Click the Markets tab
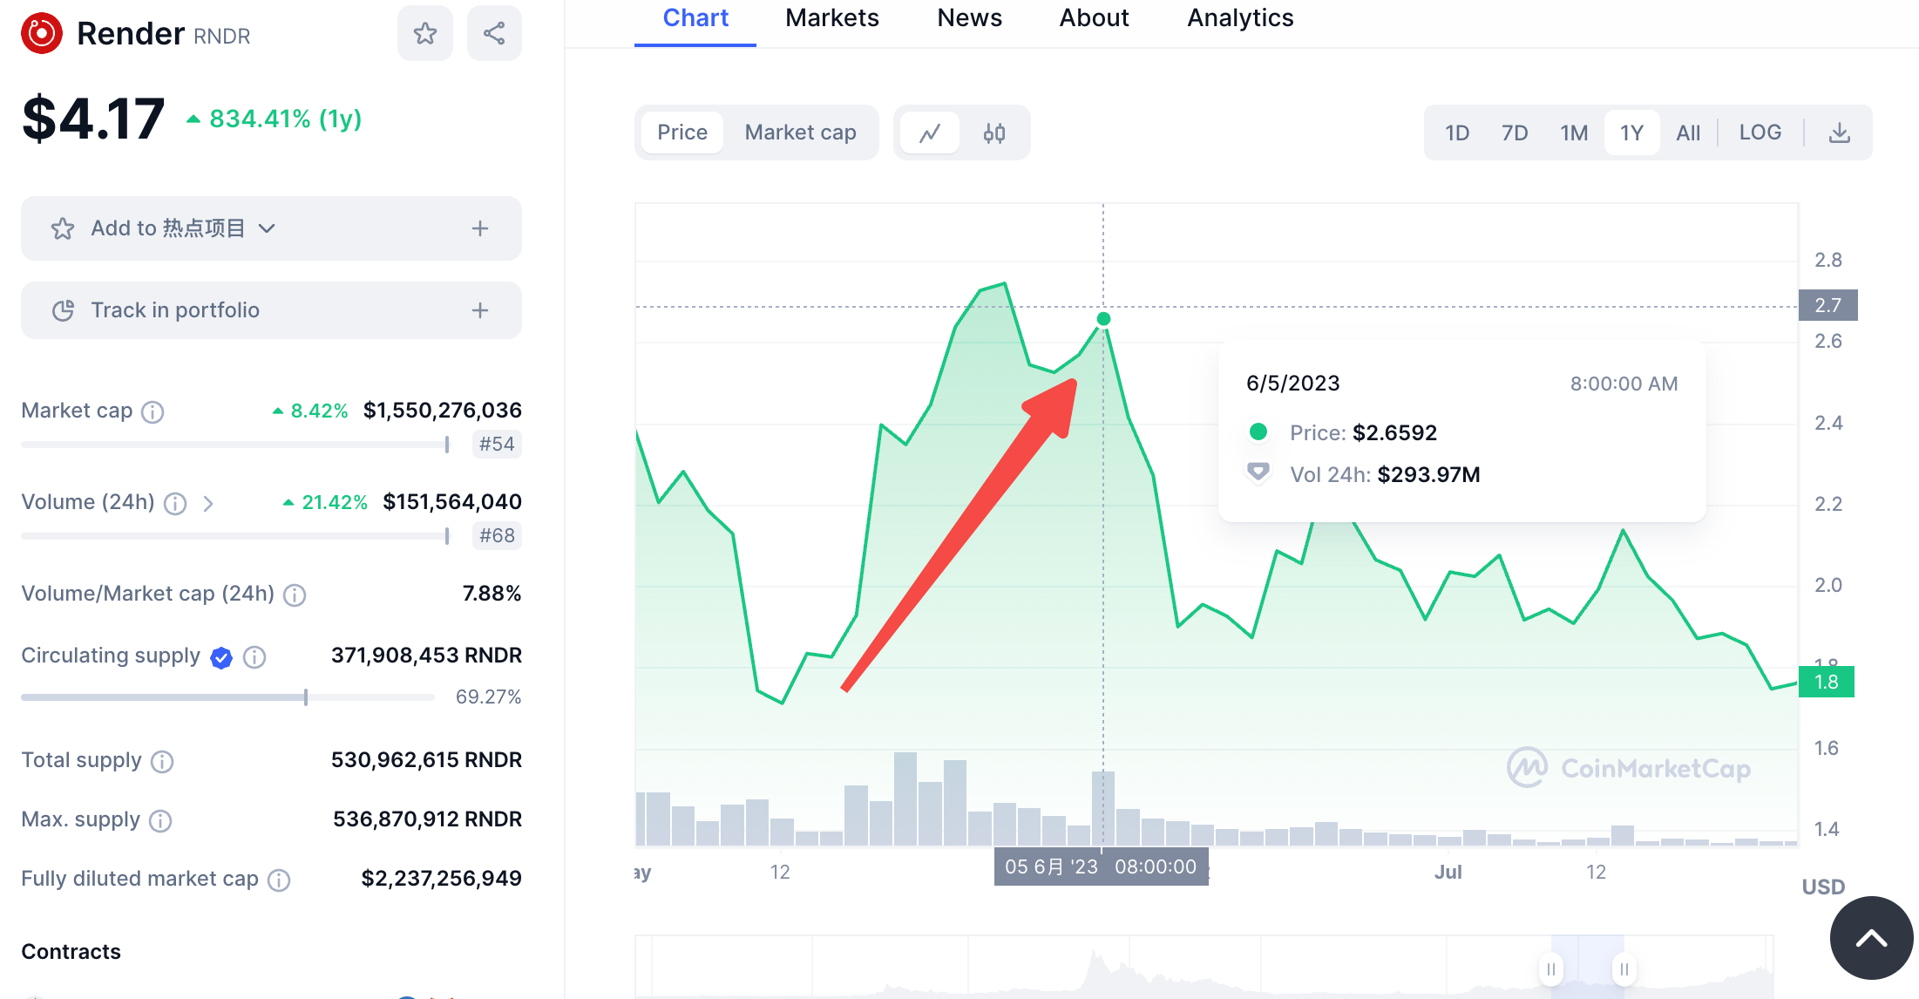831,18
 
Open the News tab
969,18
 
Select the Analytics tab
1239,18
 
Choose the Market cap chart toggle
800,133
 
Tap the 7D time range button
1514,133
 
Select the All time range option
1687,133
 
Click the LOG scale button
1760,133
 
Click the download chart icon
1839,133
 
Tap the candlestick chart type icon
993,133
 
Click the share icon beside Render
494,34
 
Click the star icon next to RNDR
425,34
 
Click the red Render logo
42,34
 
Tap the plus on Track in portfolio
480,310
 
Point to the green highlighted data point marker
1103,319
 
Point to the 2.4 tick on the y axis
1827,424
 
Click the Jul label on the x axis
1448,872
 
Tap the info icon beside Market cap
153,411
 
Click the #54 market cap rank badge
496,444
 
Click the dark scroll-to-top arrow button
1871,938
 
